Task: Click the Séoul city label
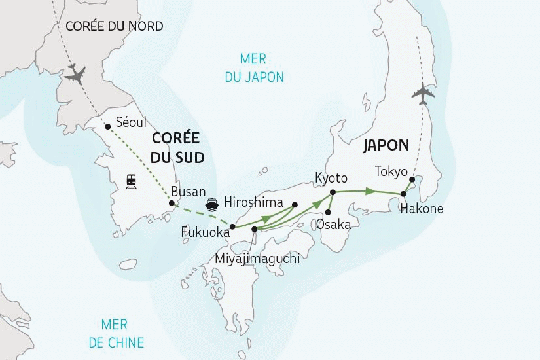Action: click(x=130, y=122)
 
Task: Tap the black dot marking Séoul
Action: click(x=108, y=127)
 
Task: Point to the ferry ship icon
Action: click(x=212, y=203)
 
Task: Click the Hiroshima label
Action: click(x=253, y=202)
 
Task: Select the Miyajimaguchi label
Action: click(x=257, y=259)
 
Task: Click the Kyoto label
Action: click(x=331, y=178)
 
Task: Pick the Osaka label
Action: click(x=333, y=225)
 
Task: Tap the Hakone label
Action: click(x=422, y=209)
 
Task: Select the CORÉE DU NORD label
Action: click(x=115, y=27)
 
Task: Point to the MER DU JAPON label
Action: click(x=253, y=67)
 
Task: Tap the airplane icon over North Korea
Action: click(x=77, y=74)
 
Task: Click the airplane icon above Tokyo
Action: click(x=423, y=93)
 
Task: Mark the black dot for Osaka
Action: click(x=327, y=211)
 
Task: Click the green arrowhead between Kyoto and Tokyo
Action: click(x=370, y=191)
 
